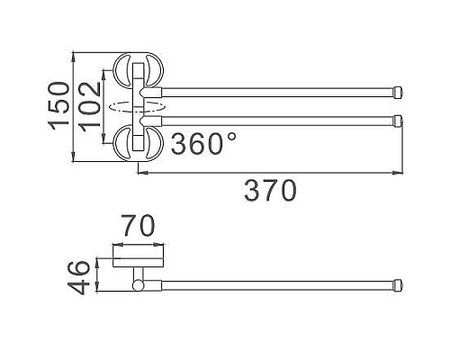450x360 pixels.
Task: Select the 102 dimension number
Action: click(91, 105)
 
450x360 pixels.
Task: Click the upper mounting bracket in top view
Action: click(134, 71)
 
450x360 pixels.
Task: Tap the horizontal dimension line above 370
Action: click(270, 173)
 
